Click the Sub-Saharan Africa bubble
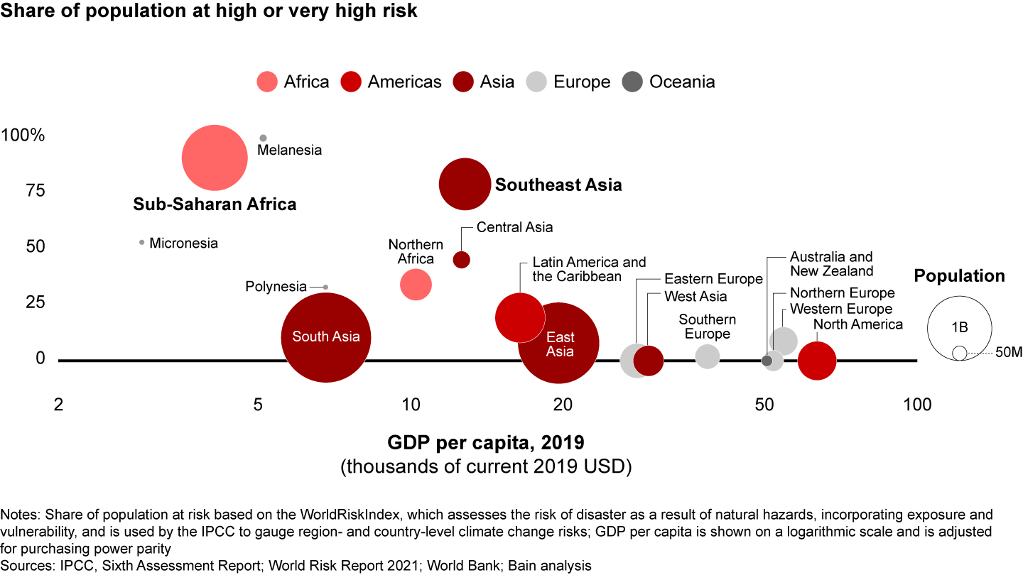(215, 158)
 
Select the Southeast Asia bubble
(465, 184)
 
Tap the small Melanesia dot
(263, 138)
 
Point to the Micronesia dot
(142, 242)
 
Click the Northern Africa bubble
(416, 285)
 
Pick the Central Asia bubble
(461, 260)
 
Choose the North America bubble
(817, 361)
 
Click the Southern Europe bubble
(707, 356)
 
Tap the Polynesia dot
(325, 287)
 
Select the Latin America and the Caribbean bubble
(519, 317)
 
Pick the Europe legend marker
(536, 82)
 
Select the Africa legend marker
(267, 82)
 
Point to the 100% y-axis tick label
(23, 135)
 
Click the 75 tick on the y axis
(35, 191)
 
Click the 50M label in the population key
(1009, 353)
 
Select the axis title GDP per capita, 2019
(486, 444)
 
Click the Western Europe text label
(841, 309)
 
